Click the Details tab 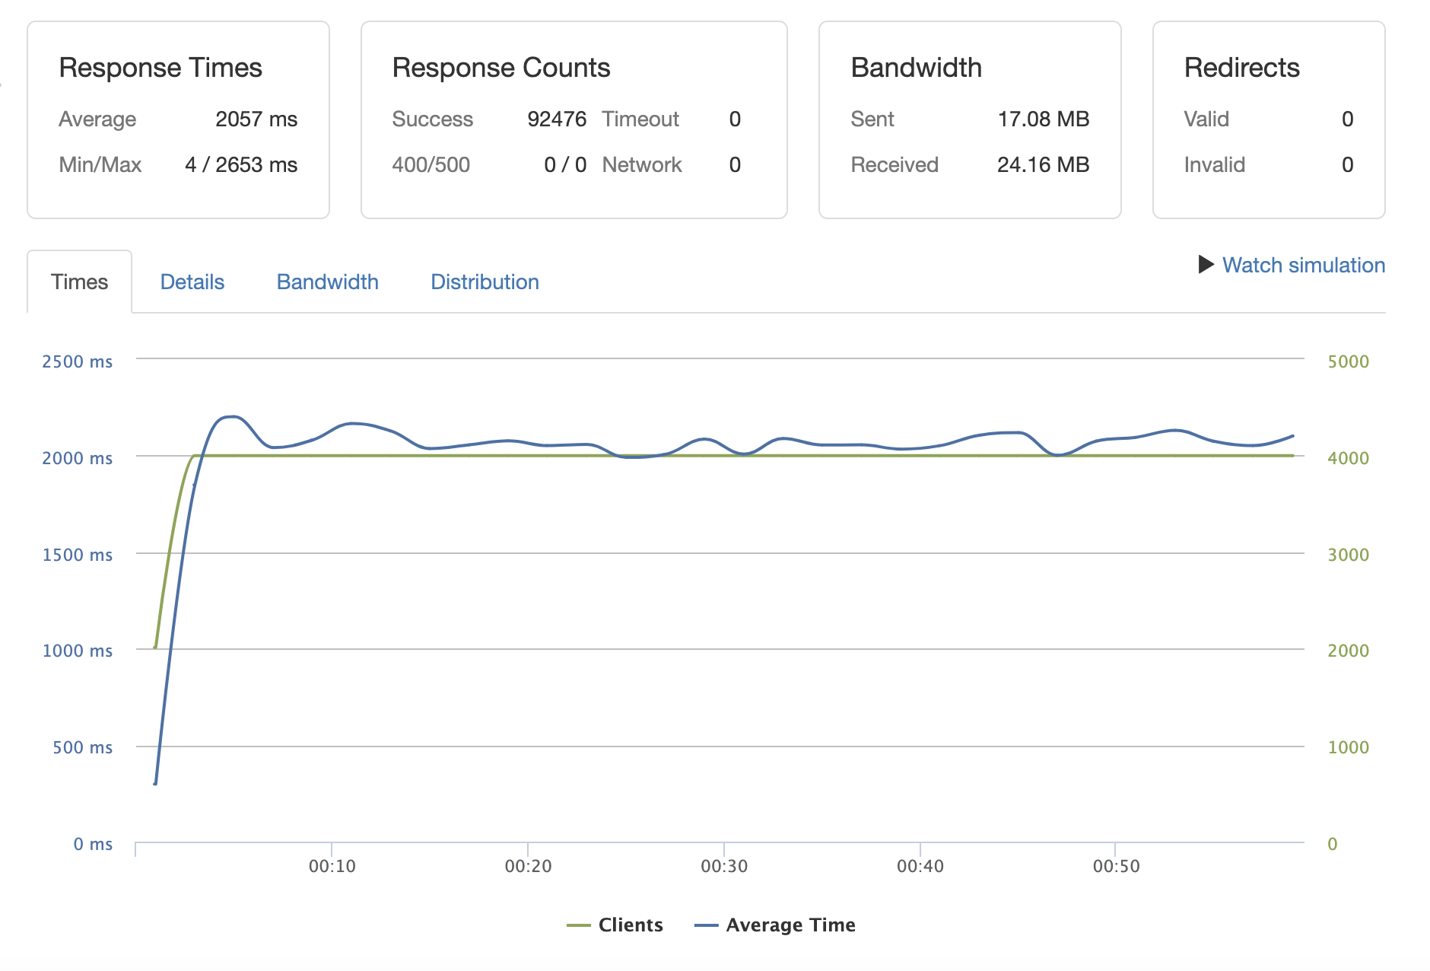tap(192, 282)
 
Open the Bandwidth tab tap(327, 282)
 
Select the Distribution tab tap(485, 282)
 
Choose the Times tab tap(80, 282)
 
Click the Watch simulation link tap(1303, 266)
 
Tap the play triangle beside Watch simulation tap(1206, 265)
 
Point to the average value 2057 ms tap(256, 119)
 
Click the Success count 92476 tap(557, 119)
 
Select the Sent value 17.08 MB tap(1043, 119)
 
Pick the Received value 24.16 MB tap(1043, 165)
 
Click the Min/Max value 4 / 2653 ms tap(241, 165)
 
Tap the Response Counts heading tap(501, 68)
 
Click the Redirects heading tap(1241, 68)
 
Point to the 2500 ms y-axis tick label tap(77, 361)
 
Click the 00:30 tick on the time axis tap(724, 866)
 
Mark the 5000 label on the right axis tap(1348, 361)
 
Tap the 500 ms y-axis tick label tap(82, 747)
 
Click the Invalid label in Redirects tap(1214, 165)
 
